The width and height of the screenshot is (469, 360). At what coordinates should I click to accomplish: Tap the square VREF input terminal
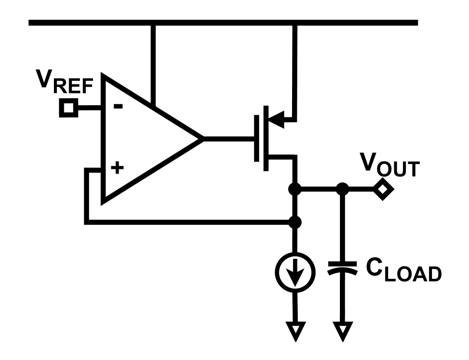[x=68, y=108]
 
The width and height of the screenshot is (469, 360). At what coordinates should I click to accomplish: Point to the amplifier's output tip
[x=202, y=139]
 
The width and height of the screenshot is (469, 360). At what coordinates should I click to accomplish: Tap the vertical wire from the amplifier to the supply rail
[x=152, y=65]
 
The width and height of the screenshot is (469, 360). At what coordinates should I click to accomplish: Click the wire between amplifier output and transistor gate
[x=228, y=139]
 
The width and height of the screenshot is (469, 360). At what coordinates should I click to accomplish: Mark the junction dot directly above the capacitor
[x=343, y=189]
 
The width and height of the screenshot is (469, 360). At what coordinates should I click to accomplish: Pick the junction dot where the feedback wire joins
[x=295, y=222]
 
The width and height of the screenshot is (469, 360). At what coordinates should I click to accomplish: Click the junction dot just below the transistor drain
[x=295, y=189]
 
